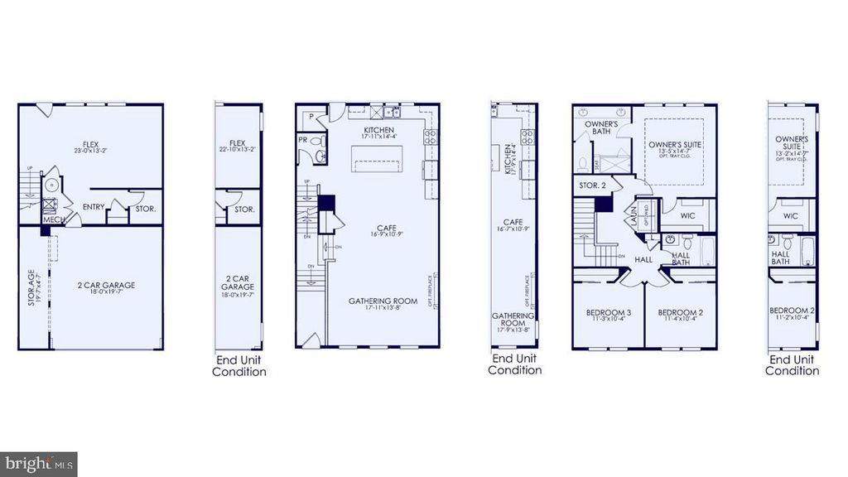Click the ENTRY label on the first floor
94,206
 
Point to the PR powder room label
303,140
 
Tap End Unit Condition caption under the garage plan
238,366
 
